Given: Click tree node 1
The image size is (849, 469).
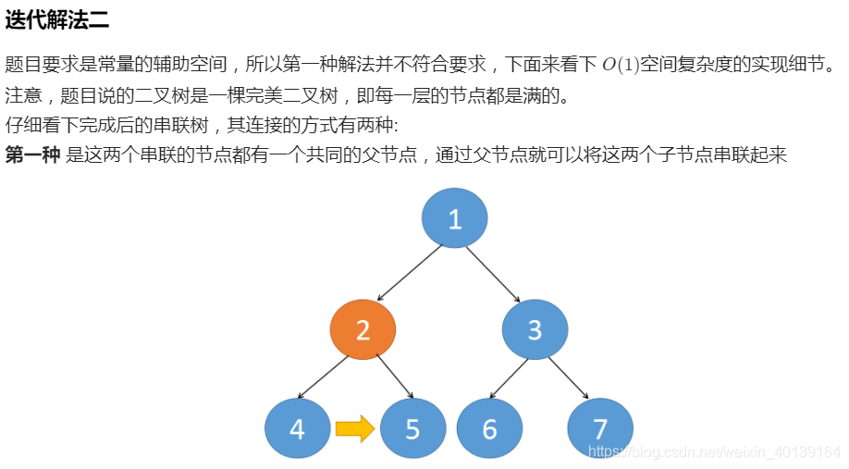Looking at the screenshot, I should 454,219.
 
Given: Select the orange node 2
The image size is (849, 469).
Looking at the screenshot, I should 363,330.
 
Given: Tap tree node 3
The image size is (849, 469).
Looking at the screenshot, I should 535,330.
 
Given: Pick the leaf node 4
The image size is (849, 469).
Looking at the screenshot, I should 297,429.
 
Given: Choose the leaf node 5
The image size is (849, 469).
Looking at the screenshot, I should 412,429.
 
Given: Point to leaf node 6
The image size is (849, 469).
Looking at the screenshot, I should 489,429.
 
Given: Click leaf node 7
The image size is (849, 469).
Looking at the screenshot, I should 599,429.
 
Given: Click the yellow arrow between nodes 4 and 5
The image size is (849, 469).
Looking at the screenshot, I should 354,428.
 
